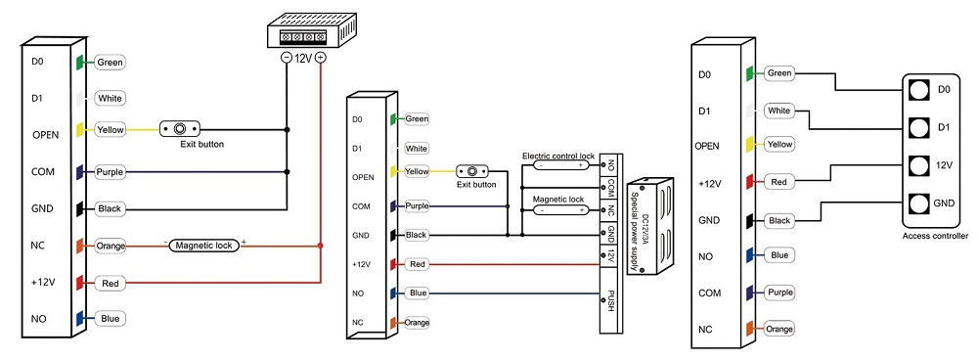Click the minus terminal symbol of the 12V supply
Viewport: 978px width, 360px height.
click(287, 58)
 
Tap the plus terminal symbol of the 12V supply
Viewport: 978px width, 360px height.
click(320, 58)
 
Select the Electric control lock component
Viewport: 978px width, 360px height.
click(559, 165)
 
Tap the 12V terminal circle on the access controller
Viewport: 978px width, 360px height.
click(917, 166)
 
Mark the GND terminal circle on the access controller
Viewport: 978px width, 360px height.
click(917, 203)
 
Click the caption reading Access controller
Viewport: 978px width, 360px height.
click(935, 236)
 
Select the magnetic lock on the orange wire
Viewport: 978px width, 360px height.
click(204, 246)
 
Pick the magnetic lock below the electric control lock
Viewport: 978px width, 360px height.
click(559, 210)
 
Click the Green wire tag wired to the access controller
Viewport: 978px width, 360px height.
click(779, 73)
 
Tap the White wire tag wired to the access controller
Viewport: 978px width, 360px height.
click(779, 111)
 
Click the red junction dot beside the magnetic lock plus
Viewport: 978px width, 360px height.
click(320, 246)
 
